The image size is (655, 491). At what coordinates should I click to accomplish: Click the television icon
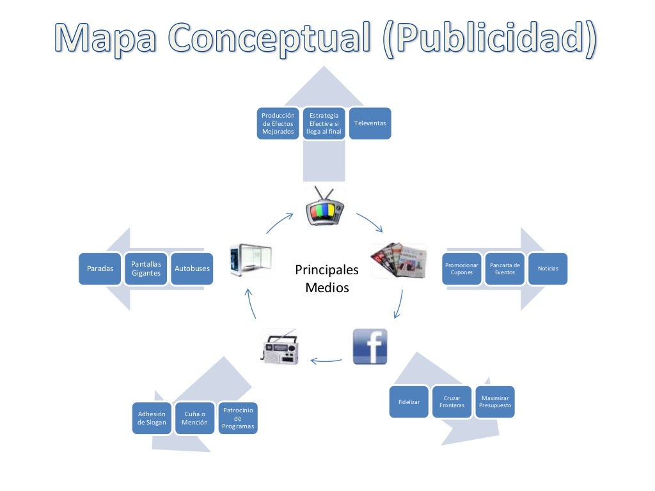pos(324,207)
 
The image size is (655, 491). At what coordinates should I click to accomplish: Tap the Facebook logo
pos(370,347)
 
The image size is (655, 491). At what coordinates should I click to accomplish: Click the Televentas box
pos(370,123)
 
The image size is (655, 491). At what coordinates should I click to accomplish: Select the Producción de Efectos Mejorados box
pos(278,123)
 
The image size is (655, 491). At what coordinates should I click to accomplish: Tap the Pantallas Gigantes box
pos(146,269)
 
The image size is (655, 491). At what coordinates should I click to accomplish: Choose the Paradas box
pos(100,269)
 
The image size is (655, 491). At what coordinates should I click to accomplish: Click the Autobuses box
pos(192,269)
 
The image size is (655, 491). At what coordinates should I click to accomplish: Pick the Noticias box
pos(548,269)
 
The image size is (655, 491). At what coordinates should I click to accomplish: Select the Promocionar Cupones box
pos(461,269)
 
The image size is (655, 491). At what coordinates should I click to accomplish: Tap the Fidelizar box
pos(409,402)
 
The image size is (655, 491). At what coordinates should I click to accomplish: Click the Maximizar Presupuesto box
pos(495,401)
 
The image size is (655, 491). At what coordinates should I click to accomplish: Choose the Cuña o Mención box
pos(194,418)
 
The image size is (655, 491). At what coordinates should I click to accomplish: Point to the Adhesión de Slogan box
pos(152,418)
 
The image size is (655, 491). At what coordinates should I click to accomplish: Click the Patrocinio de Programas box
pos(238,418)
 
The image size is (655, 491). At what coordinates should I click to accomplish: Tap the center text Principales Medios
pos(327,279)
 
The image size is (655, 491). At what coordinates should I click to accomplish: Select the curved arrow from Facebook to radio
pos(326,361)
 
